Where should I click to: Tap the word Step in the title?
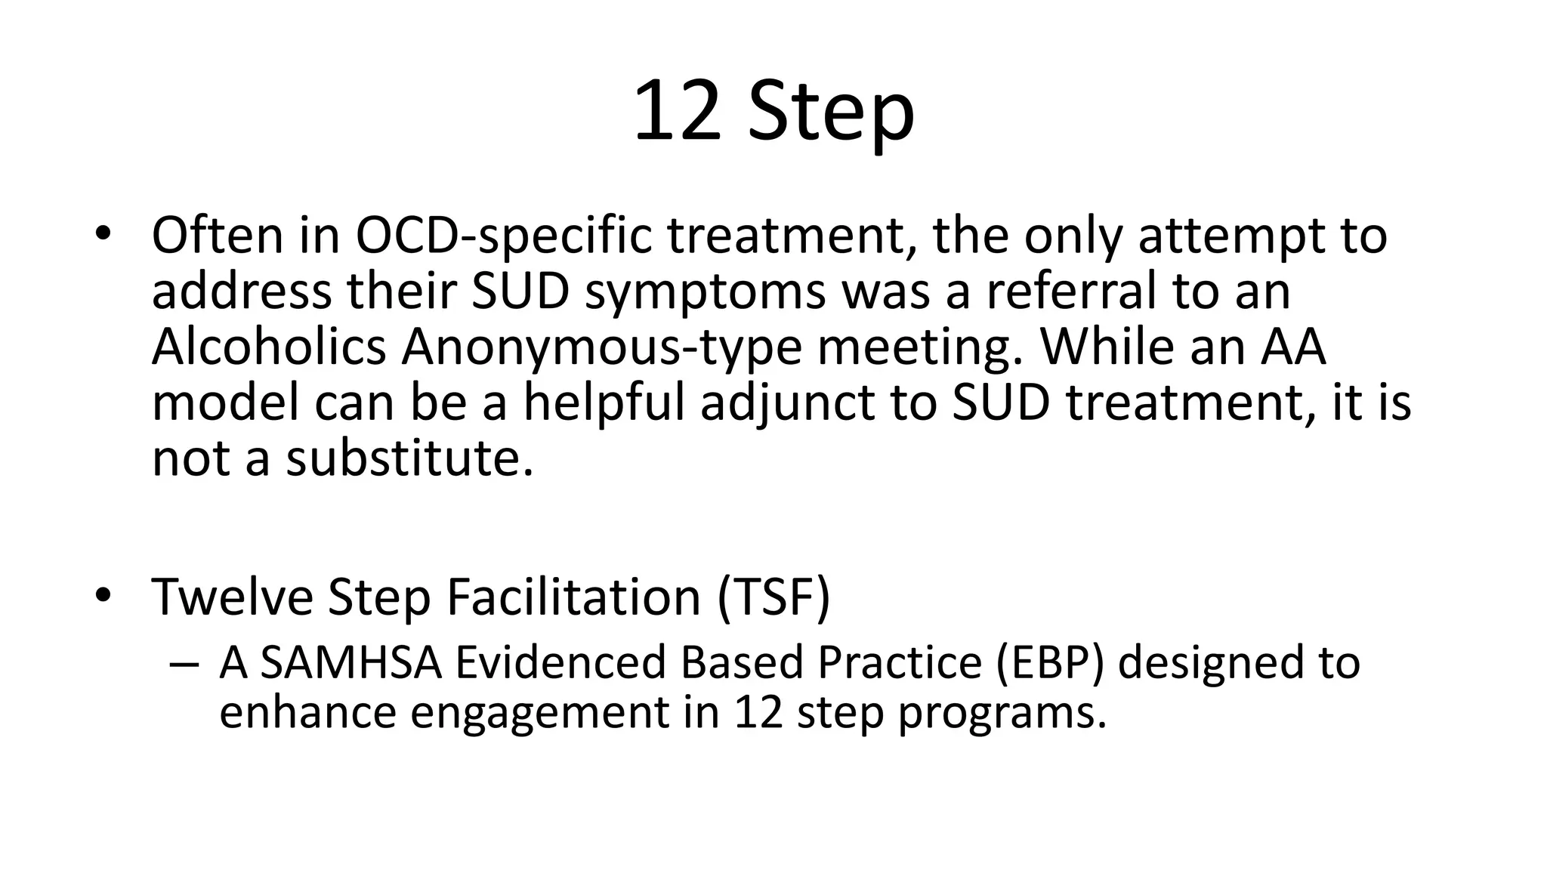[831, 113]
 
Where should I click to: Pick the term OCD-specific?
[503, 236]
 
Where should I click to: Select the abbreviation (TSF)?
[773, 597]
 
